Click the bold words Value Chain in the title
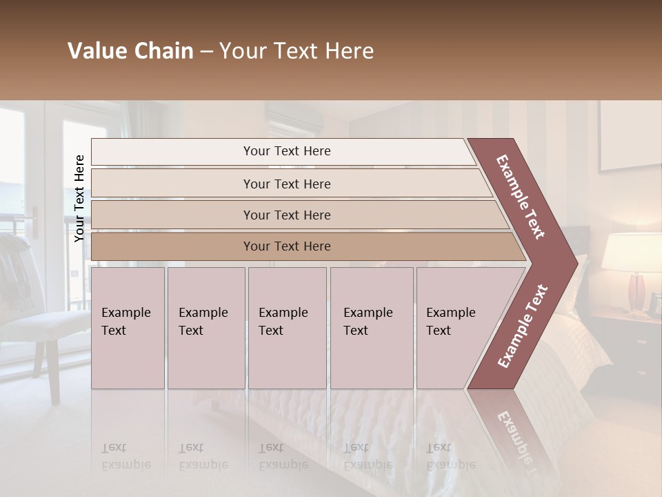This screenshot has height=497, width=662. [130, 52]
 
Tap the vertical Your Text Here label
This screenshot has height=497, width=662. [79, 198]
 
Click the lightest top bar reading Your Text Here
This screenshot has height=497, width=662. [286, 152]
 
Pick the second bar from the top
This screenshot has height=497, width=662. [286, 184]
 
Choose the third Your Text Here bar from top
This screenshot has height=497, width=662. [286, 215]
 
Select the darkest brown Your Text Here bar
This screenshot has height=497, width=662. [286, 246]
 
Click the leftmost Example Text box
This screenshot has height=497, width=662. [128, 328]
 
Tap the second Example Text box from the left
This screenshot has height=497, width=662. [205, 328]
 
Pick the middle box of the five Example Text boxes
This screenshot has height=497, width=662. [287, 328]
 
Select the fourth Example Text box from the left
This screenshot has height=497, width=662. [371, 328]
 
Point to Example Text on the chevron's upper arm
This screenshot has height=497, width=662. [521, 196]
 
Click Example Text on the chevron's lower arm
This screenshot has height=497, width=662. [522, 327]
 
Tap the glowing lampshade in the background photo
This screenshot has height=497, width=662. [631, 252]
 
